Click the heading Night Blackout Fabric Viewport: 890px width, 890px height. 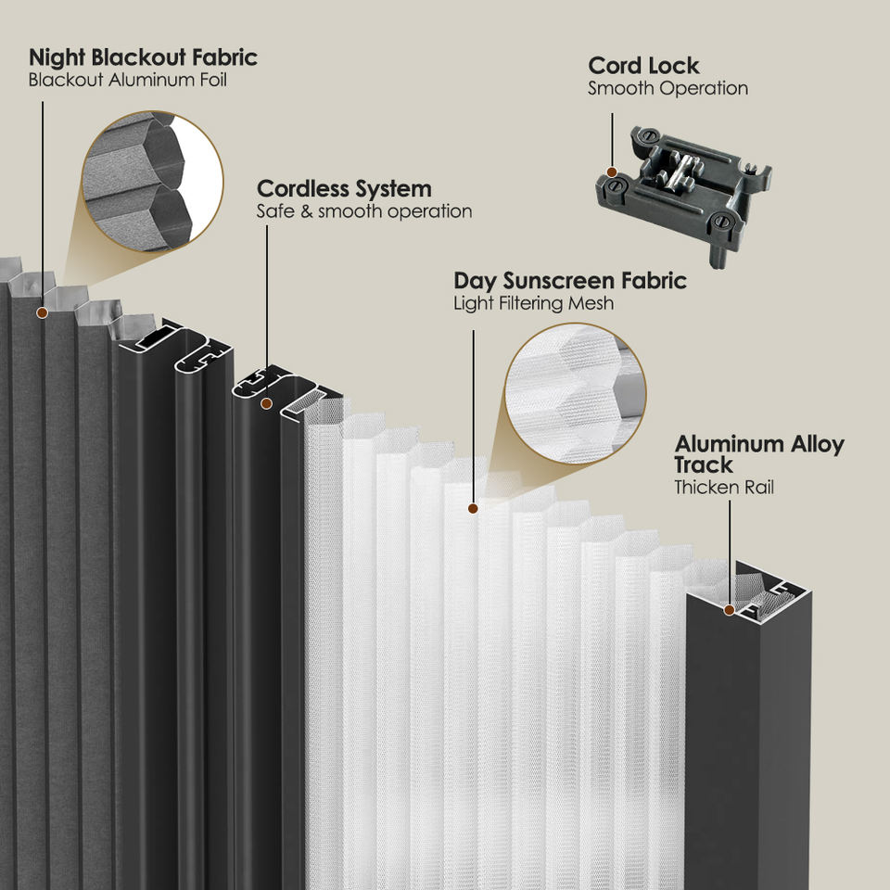click(x=143, y=57)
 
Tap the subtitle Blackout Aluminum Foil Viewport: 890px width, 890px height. click(x=128, y=80)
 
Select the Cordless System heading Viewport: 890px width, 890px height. click(x=344, y=188)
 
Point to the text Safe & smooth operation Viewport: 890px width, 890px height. click(x=364, y=211)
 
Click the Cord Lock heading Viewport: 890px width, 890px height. click(x=643, y=66)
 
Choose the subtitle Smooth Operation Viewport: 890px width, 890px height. click(x=668, y=89)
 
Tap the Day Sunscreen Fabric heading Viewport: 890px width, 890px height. click(x=570, y=280)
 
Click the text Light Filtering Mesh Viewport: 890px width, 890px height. click(x=534, y=303)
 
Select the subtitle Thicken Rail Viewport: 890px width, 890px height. click(x=724, y=487)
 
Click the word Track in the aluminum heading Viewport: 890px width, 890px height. click(x=704, y=464)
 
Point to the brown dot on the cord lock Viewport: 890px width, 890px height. click(x=612, y=172)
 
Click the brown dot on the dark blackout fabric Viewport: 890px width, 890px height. click(x=42, y=312)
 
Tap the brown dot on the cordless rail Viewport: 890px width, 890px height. click(x=266, y=403)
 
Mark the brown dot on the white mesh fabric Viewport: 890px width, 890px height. click(x=473, y=509)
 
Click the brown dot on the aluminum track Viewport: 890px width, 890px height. click(x=730, y=610)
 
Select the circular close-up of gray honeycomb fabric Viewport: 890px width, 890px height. click(x=152, y=181)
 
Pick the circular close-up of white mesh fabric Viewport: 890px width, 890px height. click(x=575, y=393)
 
